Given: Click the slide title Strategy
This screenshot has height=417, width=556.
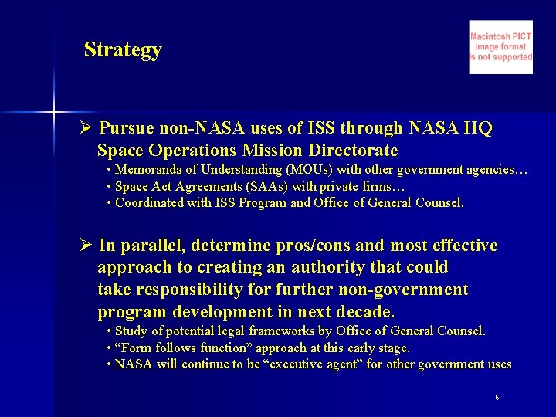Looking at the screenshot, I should point(123,49).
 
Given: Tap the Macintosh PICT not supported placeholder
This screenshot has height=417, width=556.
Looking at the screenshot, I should point(500,47).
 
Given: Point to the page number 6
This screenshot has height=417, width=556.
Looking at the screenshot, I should point(497,397).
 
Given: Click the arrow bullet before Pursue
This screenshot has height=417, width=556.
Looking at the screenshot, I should point(86,128).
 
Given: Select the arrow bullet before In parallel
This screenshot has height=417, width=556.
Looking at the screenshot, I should point(86,246).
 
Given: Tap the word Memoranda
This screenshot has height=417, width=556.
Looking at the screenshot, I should point(145,170).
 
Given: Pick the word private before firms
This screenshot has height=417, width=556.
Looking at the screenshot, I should point(344,187).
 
